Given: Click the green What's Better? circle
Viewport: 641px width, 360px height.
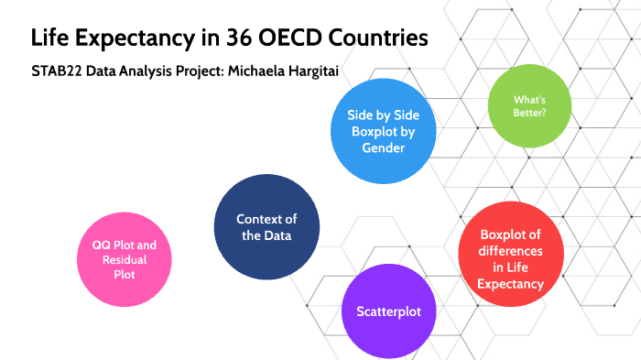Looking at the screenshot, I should tap(531, 107).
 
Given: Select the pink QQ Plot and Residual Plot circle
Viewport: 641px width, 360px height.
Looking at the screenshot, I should tap(125, 259).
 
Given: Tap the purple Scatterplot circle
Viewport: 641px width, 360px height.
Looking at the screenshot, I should tap(388, 311).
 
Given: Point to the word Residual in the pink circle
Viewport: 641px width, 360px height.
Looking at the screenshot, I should tap(125, 259).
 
